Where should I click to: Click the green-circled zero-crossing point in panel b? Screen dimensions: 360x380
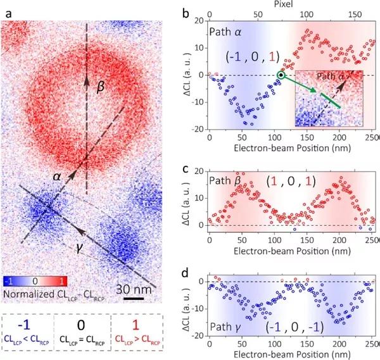[x=281, y=76]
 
